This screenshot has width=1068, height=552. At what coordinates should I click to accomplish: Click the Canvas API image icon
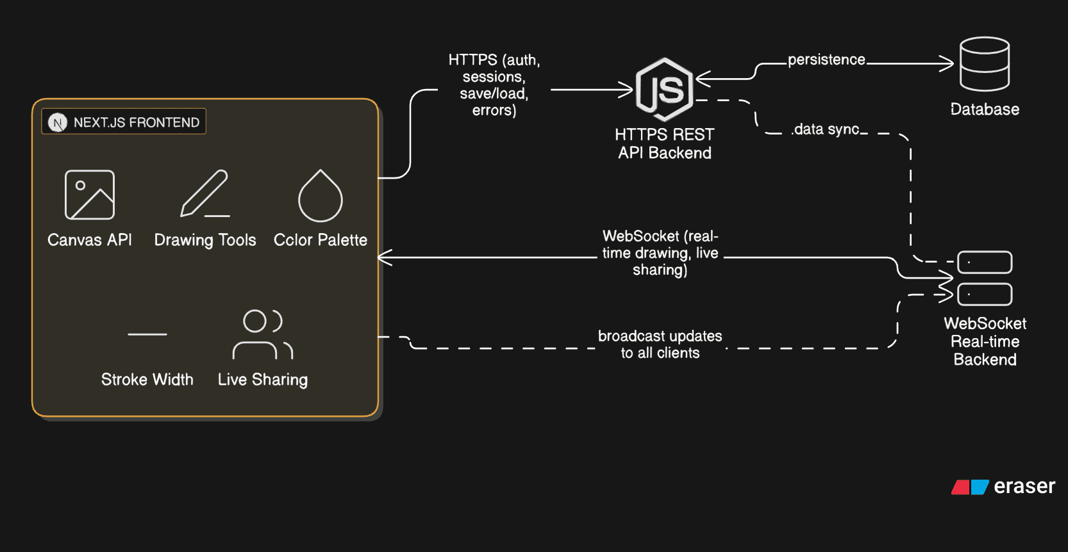click(x=90, y=195)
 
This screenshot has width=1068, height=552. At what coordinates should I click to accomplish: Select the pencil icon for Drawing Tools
click(x=204, y=193)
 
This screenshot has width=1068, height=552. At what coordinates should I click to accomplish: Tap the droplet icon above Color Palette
click(x=321, y=196)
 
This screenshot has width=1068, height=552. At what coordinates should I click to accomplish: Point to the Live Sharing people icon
click(x=263, y=334)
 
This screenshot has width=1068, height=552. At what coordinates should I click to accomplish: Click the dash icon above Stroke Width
click(x=147, y=334)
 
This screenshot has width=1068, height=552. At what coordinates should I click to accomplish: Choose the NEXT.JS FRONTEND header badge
click(x=124, y=122)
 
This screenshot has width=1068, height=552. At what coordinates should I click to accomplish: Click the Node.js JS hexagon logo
click(x=664, y=90)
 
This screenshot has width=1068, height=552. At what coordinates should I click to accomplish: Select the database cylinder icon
click(x=985, y=64)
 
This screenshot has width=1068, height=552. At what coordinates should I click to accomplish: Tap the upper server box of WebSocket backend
click(x=985, y=263)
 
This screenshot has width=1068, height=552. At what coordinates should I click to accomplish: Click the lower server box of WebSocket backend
click(x=985, y=295)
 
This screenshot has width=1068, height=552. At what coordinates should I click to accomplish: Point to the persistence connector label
click(x=826, y=60)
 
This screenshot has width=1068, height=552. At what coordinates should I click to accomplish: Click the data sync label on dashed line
click(x=827, y=129)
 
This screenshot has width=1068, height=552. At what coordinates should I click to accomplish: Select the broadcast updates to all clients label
click(x=660, y=345)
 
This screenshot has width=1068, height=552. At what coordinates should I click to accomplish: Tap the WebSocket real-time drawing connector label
click(x=660, y=253)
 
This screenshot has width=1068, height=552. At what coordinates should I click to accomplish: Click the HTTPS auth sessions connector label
click(x=494, y=85)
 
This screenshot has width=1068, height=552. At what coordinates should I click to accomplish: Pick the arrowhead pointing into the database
click(x=947, y=63)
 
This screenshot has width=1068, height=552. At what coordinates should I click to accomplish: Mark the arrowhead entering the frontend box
click(x=385, y=258)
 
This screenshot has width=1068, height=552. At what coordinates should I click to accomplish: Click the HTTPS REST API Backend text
click(x=664, y=143)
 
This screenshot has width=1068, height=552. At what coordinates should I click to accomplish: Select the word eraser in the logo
click(x=1024, y=487)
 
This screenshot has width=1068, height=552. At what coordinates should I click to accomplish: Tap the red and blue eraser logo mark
click(x=970, y=487)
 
